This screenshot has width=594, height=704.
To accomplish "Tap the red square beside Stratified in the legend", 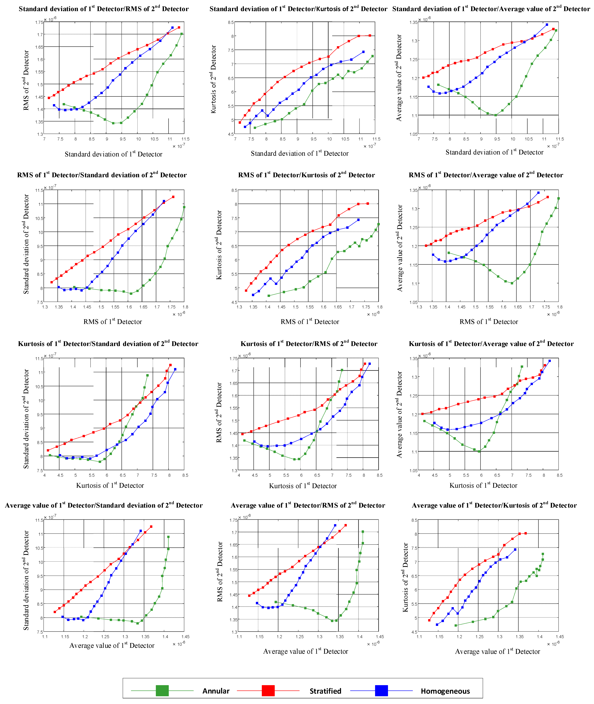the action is click(268, 690).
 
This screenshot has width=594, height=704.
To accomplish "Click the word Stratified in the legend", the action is click(325, 691).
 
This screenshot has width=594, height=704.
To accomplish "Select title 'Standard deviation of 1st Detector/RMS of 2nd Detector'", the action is click(104, 8).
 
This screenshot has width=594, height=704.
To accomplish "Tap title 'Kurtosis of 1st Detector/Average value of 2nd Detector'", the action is click(491, 343).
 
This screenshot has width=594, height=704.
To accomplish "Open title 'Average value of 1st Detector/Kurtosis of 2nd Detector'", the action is click(494, 505).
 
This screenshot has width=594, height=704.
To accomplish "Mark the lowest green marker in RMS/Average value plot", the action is click(512, 283).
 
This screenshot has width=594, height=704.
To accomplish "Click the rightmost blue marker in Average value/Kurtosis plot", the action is click(515, 549).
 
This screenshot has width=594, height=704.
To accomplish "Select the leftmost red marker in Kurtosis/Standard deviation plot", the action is click(48, 450).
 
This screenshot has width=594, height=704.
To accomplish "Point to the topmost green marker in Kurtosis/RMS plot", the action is click(342, 370).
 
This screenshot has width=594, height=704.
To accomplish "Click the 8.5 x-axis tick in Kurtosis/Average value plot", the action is click(559, 475).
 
